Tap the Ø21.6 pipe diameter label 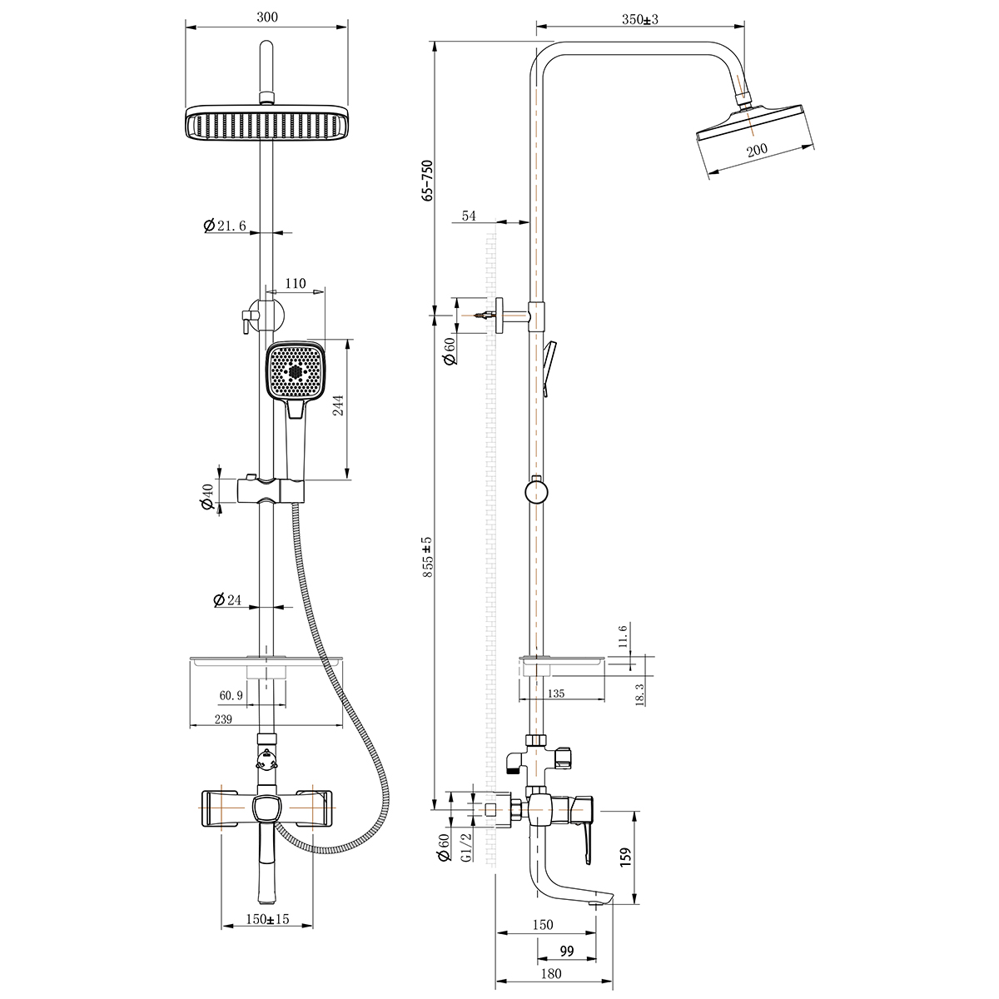click(225, 226)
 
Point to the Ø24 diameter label click(226, 599)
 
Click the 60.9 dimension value click(231, 695)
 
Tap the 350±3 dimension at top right click(640, 19)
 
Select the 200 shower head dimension click(757, 151)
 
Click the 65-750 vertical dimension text click(428, 180)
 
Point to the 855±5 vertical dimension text click(428, 557)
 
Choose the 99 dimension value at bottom click(567, 952)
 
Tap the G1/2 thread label click(466, 847)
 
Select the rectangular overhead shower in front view click(266, 124)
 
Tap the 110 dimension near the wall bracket click(296, 284)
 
